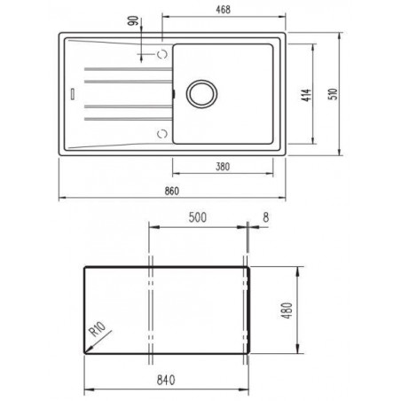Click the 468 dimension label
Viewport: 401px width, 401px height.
click(x=223, y=10)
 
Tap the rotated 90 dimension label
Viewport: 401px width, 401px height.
click(x=134, y=20)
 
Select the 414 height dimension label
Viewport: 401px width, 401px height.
click(x=306, y=95)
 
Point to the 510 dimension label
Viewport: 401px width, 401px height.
click(x=333, y=94)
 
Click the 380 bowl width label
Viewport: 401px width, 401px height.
click(x=223, y=167)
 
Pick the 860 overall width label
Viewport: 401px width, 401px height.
click(x=172, y=191)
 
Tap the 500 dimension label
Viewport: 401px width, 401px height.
click(x=198, y=217)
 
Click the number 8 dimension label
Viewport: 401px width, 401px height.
click(x=266, y=217)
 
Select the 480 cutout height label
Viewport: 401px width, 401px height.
click(x=287, y=311)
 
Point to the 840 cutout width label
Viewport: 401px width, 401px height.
click(x=166, y=380)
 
